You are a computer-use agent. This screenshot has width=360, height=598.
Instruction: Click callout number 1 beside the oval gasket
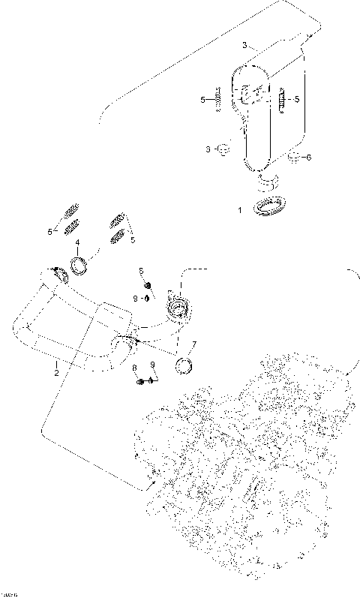pyautogui.click(x=240, y=211)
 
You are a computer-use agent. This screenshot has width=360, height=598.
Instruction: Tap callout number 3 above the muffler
pyautogui.click(x=243, y=46)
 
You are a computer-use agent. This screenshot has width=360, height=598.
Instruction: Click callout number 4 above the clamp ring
pyautogui.click(x=77, y=242)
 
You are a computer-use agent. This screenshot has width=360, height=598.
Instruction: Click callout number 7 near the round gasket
pyautogui.click(x=193, y=345)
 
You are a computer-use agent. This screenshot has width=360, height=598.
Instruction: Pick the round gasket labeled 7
pyautogui.click(x=184, y=366)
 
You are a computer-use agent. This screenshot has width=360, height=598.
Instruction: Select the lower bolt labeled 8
pyautogui.click(x=140, y=382)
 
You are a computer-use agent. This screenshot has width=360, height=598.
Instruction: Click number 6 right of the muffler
pyautogui.click(x=309, y=157)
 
